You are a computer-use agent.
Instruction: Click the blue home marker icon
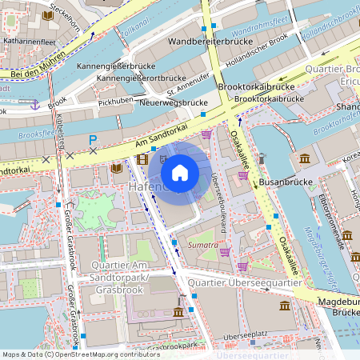tap(180, 172)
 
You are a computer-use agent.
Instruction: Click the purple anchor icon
tap(34, 104)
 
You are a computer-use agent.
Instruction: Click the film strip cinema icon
tap(142, 159)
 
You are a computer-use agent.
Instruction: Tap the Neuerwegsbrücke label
tap(174, 102)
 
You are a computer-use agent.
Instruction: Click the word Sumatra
tap(202, 245)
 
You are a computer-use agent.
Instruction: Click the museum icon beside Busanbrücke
tap(304, 158)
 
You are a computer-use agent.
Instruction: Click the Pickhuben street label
tap(115, 103)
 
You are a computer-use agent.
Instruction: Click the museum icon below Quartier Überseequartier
tap(285, 306)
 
